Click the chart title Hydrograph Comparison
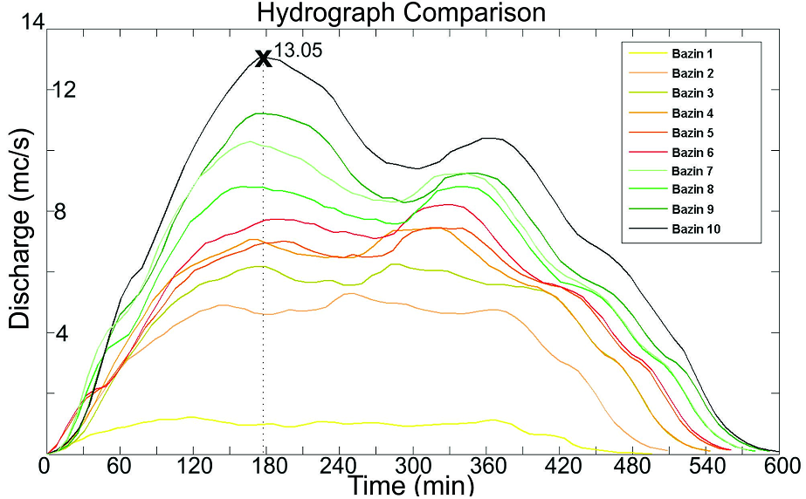click(x=401, y=13)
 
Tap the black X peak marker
click(x=263, y=58)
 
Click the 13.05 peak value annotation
click(x=299, y=51)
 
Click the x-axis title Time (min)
click(x=410, y=484)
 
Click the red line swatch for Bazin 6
click(x=647, y=152)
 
